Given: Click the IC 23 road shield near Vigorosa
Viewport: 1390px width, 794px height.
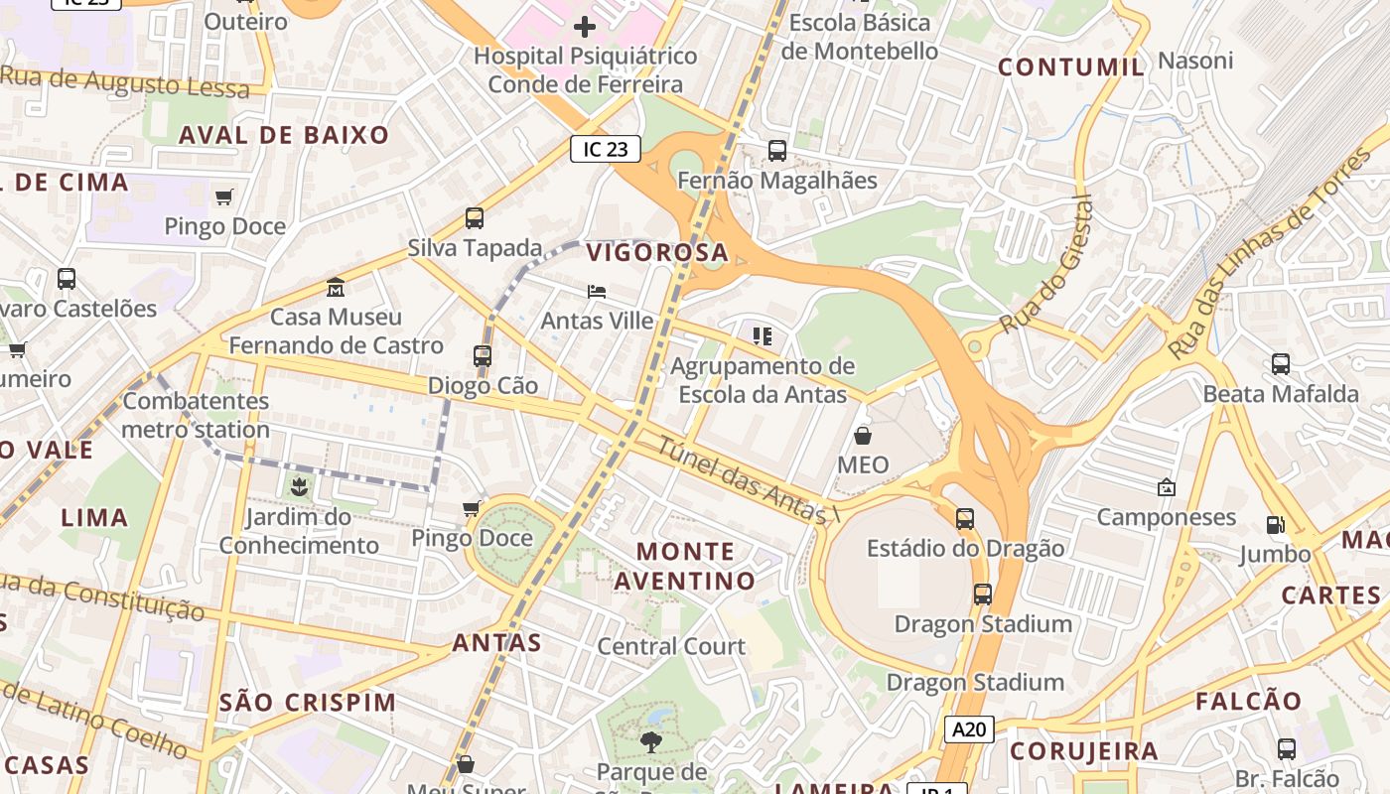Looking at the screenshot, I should (606, 150).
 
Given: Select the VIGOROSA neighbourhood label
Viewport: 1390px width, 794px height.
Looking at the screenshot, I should (657, 253).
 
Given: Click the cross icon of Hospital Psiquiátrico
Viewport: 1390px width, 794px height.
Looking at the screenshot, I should (585, 27).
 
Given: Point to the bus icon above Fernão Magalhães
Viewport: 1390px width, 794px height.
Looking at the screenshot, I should (777, 151).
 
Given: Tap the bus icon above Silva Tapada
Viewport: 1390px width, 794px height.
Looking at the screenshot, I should (475, 218).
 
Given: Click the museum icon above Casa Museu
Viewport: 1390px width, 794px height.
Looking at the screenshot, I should (336, 287).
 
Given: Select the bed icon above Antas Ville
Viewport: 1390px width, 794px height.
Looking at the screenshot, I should (597, 292).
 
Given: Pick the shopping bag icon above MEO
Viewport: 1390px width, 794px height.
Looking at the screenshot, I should (863, 436).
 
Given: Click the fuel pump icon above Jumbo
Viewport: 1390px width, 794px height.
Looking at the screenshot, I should (1275, 524).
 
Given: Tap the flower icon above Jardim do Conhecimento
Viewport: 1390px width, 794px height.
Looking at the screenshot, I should (298, 486).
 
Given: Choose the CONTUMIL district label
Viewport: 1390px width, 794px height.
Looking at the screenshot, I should (1071, 67).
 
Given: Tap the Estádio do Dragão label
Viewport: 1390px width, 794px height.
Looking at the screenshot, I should (965, 549).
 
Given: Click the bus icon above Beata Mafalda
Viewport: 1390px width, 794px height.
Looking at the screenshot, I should (1281, 364).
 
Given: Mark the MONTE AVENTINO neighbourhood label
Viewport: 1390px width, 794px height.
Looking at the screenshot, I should (685, 566).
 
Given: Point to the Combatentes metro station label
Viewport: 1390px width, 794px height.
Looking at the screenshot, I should (196, 416).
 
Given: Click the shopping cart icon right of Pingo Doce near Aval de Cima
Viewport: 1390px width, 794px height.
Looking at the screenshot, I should (224, 197).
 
